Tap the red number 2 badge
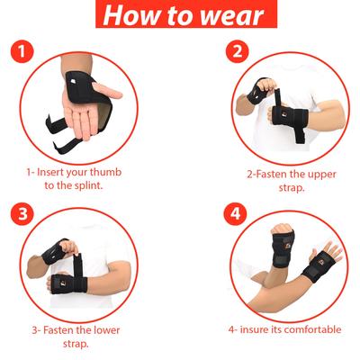point(238,52)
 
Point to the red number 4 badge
point(237,216)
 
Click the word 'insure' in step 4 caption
point(256,329)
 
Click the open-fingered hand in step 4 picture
point(331,247)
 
